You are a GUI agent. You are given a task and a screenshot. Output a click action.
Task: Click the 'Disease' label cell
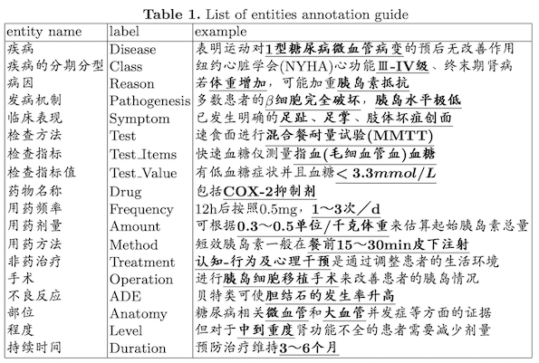pos(131,49)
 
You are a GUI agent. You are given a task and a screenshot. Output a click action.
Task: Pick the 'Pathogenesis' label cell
pos(146,101)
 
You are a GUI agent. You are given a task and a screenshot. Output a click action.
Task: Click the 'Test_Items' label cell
pos(144,155)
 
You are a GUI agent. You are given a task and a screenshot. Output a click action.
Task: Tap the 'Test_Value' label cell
pos(145,172)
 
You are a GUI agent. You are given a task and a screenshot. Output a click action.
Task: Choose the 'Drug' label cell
pos(125,190)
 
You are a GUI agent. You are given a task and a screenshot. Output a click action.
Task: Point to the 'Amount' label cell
pos(135,225)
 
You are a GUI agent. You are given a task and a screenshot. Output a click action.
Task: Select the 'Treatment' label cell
pos(142,261)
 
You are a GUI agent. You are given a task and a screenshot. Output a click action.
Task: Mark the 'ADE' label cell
pos(124,296)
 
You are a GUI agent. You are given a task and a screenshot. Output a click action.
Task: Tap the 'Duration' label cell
pos(139,349)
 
